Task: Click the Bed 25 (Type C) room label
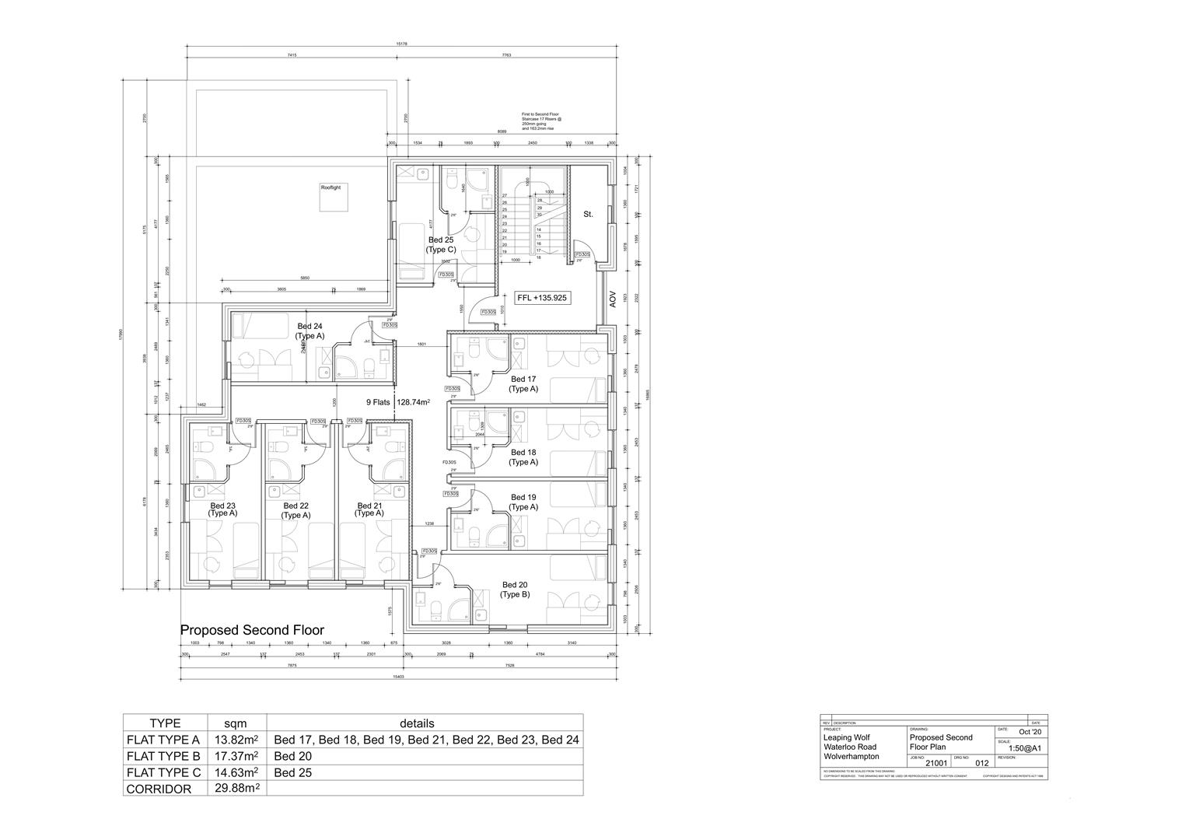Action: click(x=440, y=245)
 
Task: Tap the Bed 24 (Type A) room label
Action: click(x=309, y=331)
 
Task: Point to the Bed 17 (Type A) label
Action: click(x=523, y=384)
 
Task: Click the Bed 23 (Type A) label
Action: click(x=222, y=509)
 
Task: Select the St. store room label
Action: click(x=588, y=214)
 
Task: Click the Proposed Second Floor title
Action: click(x=252, y=630)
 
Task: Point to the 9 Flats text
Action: click(x=379, y=403)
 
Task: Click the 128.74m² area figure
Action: click(x=414, y=403)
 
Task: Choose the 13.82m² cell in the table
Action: click(x=236, y=740)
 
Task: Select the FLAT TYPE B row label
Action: click(x=163, y=756)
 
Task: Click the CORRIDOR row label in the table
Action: click(x=159, y=789)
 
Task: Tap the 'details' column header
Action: click(x=417, y=723)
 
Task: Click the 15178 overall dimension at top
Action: click(x=402, y=44)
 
